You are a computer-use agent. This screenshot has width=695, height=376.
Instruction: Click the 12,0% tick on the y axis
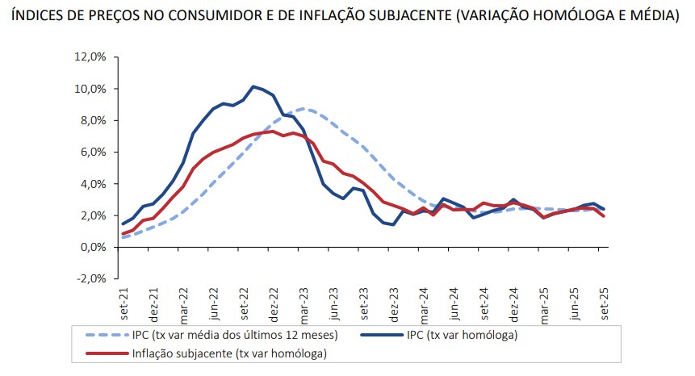pos(90,57)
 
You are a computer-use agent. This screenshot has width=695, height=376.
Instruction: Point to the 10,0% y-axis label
pos(90,89)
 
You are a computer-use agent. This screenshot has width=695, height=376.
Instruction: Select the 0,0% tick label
pos(94,247)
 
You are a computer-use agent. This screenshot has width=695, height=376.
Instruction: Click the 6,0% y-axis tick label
pos(94,152)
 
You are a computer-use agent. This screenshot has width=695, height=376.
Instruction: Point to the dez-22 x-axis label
pos(274,304)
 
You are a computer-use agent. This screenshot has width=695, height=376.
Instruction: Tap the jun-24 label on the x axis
pos(454,304)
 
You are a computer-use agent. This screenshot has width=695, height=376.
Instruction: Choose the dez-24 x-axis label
pos(513,304)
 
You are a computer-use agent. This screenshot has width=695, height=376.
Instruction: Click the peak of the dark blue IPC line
pos(253,86)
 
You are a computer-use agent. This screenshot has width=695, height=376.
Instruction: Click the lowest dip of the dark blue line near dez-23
pos(393,224)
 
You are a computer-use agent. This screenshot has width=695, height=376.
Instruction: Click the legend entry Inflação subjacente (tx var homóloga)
pos(229,353)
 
